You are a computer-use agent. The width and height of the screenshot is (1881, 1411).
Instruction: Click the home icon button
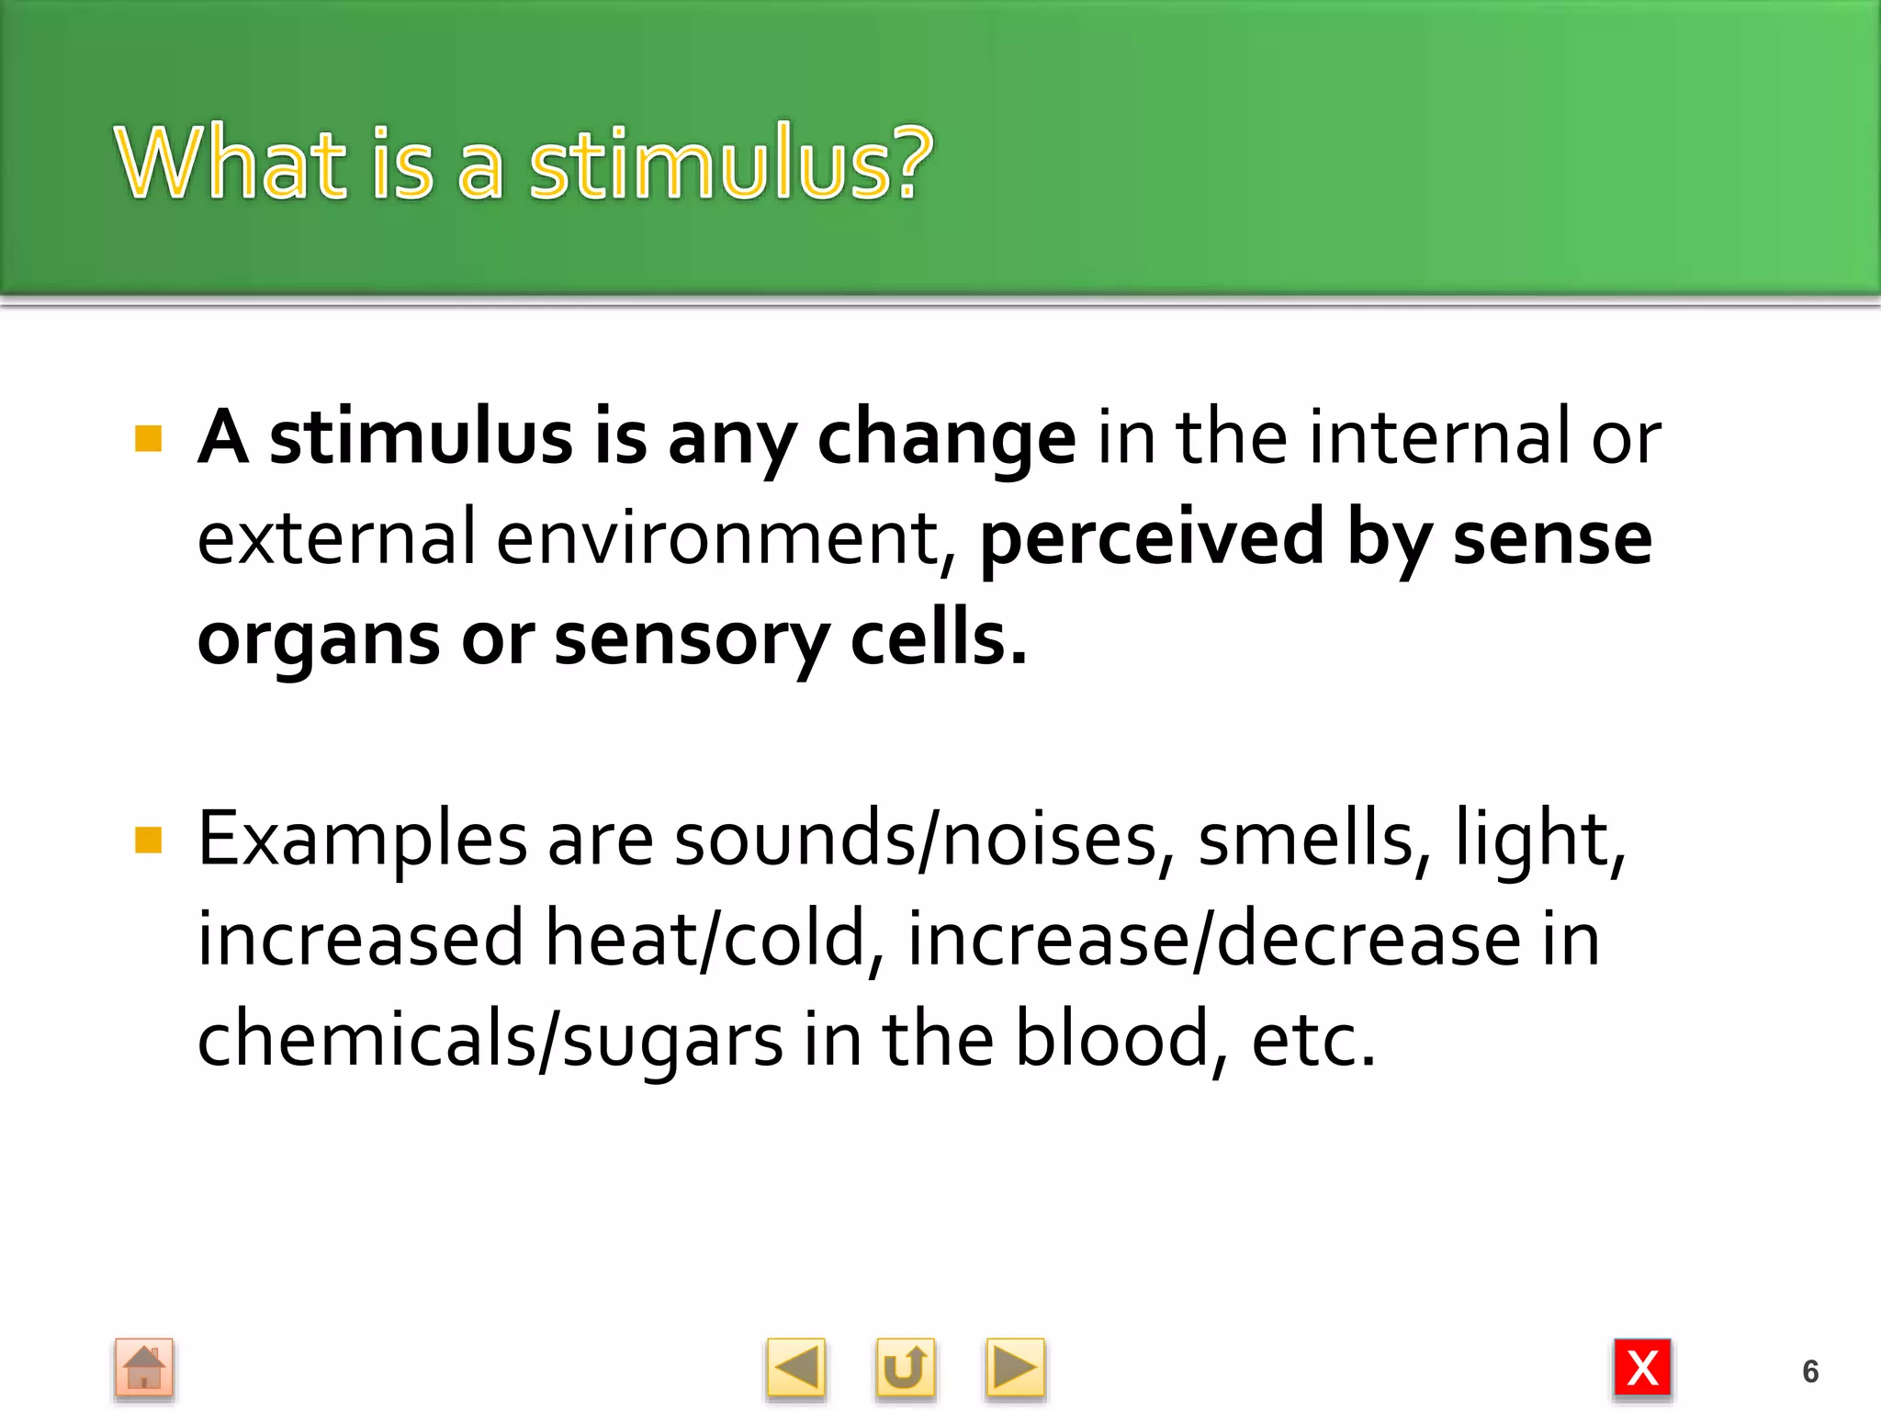144,1369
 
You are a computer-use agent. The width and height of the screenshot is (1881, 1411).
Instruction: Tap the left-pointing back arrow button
795,1369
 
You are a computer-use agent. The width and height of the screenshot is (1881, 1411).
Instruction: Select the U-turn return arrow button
905,1369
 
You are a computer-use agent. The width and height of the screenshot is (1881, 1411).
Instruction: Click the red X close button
1642,1369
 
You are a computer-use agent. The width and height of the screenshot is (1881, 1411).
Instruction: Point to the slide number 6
1810,1371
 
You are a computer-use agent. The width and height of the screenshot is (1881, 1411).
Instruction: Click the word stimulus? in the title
730,164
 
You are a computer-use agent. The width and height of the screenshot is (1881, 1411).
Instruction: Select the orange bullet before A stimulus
148,439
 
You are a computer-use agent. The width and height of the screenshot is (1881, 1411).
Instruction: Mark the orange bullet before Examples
148,840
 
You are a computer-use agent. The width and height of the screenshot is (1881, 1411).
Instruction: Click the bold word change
946,439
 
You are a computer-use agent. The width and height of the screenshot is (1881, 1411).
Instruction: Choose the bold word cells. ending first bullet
938,639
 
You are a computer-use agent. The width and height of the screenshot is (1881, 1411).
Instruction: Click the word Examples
363,840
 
